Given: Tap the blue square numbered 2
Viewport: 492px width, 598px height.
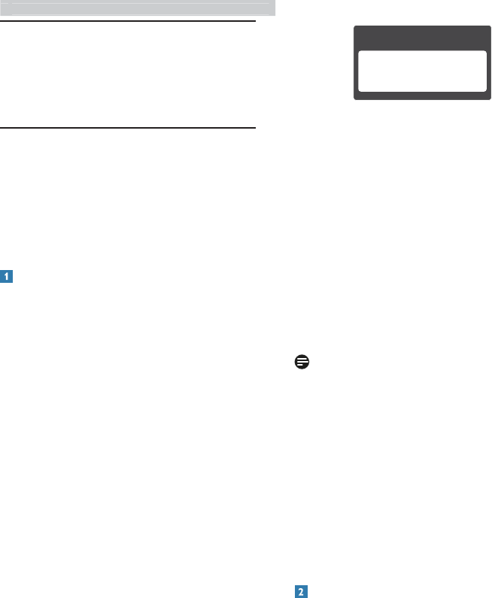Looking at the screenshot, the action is [299, 591].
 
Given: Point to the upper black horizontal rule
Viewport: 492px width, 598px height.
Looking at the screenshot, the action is [129, 22].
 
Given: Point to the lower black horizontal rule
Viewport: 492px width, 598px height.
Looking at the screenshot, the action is [129, 128].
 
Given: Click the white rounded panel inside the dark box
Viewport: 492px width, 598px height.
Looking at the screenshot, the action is [421, 71].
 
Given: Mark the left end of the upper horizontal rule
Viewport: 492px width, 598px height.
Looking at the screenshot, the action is [2, 22].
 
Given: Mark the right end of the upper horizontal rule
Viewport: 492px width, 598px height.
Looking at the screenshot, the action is [256, 22].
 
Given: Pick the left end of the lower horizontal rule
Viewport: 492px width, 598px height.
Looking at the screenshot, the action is [2, 128].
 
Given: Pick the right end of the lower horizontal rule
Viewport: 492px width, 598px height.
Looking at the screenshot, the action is [256, 128].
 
